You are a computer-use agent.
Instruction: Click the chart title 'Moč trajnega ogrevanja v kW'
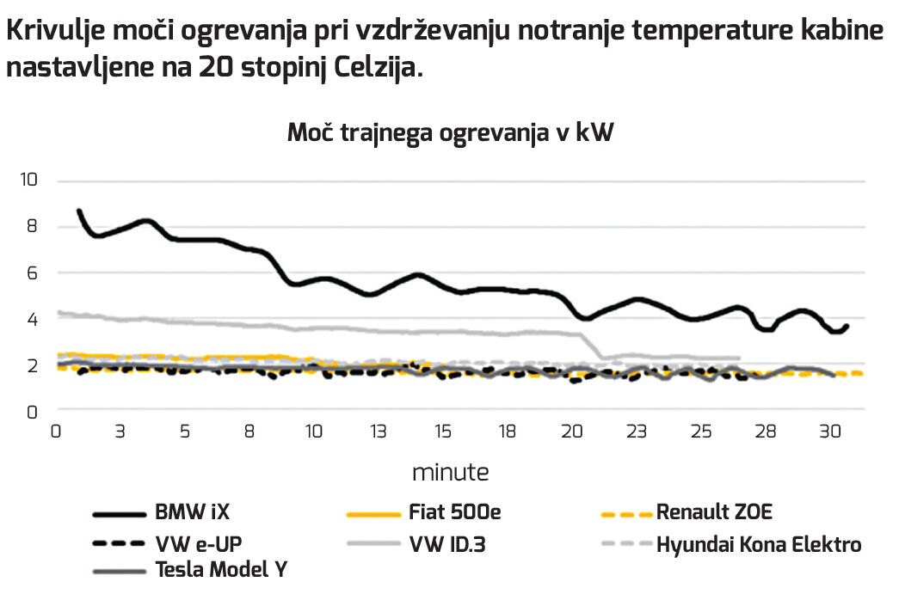tap(450, 133)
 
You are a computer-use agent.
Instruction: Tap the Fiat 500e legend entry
tap(451, 513)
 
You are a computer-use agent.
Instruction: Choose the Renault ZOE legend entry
tap(714, 513)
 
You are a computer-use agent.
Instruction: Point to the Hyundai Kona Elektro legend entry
tap(758, 544)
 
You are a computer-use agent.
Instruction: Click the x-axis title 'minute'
tap(450, 472)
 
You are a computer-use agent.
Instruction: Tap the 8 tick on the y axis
tap(33, 227)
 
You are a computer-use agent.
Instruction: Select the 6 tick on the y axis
tap(33, 273)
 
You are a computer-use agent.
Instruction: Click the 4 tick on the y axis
tap(33, 319)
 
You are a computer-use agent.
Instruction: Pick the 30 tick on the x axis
tap(830, 432)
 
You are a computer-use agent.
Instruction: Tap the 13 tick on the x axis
tap(379, 432)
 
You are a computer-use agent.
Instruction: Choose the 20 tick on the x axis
tap(572, 432)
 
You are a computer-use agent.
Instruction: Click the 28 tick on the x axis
tap(766, 432)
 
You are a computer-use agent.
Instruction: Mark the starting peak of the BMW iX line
tap(79, 211)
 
